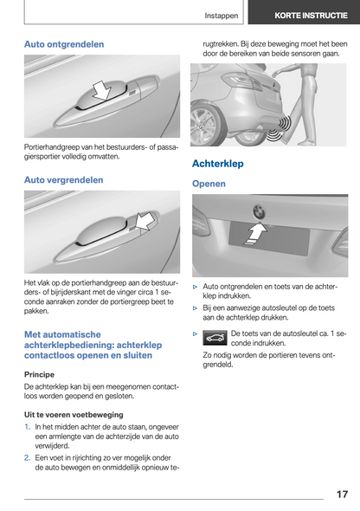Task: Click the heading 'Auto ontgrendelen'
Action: pos(64,44)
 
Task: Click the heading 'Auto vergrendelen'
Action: pos(64,180)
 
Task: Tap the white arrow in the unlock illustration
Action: pos(102,91)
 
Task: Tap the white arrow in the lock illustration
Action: pos(145,221)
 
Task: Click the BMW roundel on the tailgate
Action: pos(259,212)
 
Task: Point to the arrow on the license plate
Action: pos(256,234)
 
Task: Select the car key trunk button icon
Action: pos(215,338)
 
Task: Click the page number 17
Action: pos(342,495)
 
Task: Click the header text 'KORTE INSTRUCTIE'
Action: pos(311,16)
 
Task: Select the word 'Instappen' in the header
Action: pos(222,16)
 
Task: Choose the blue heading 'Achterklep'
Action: pos(218,164)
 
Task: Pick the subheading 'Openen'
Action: pos(209,184)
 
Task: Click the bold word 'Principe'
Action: pos(39,374)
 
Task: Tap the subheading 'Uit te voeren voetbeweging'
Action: pos(74,415)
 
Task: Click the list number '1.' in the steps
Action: pos(28,427)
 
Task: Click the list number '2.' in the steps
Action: pos(28,458)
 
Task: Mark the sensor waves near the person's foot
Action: pos(279,129)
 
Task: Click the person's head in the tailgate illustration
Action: pos(305,67)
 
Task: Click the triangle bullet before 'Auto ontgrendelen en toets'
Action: pos(195,287)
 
